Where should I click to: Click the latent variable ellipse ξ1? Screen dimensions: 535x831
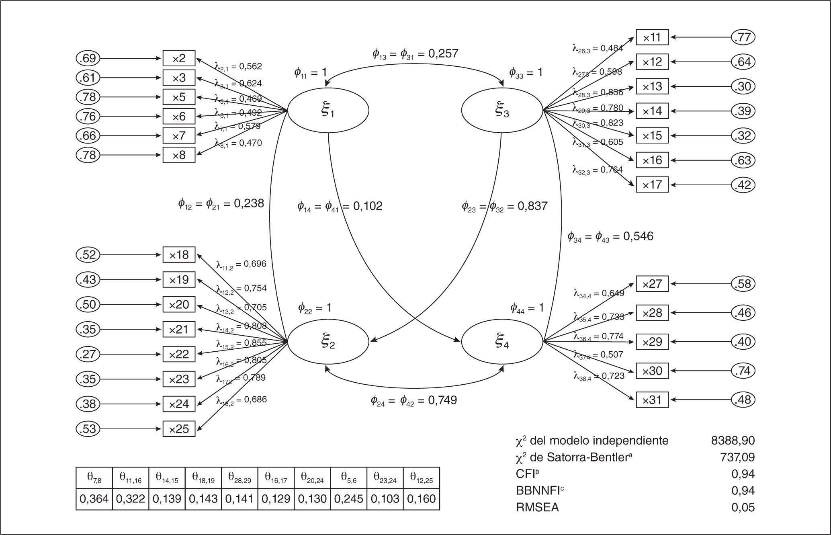point(328,111)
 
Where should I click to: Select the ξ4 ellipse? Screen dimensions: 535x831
point(502,342)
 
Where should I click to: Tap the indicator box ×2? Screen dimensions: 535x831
point(179,59)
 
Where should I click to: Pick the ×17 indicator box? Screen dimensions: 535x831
point(652,185)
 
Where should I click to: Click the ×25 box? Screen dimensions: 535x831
point(179,429)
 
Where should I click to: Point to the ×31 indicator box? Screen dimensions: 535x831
point(652,400)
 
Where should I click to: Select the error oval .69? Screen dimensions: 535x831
point(88,59)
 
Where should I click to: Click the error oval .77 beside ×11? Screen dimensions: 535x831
point(743,37)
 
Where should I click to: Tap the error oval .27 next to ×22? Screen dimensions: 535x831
point(88,354)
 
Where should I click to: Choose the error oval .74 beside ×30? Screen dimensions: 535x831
point(743,371)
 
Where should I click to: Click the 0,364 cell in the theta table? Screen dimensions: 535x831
point(94,499)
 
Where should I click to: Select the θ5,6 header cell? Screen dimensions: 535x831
point(348,478)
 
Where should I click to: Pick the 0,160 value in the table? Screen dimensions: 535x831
point(421,499)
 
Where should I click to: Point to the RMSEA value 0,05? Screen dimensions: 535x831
point(743,508)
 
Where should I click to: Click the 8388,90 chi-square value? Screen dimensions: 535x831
point(733,441)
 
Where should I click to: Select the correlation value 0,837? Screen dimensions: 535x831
point(532,206)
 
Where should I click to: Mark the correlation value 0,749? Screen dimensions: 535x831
point(442,400)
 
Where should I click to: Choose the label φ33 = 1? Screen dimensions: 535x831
point(526,73)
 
